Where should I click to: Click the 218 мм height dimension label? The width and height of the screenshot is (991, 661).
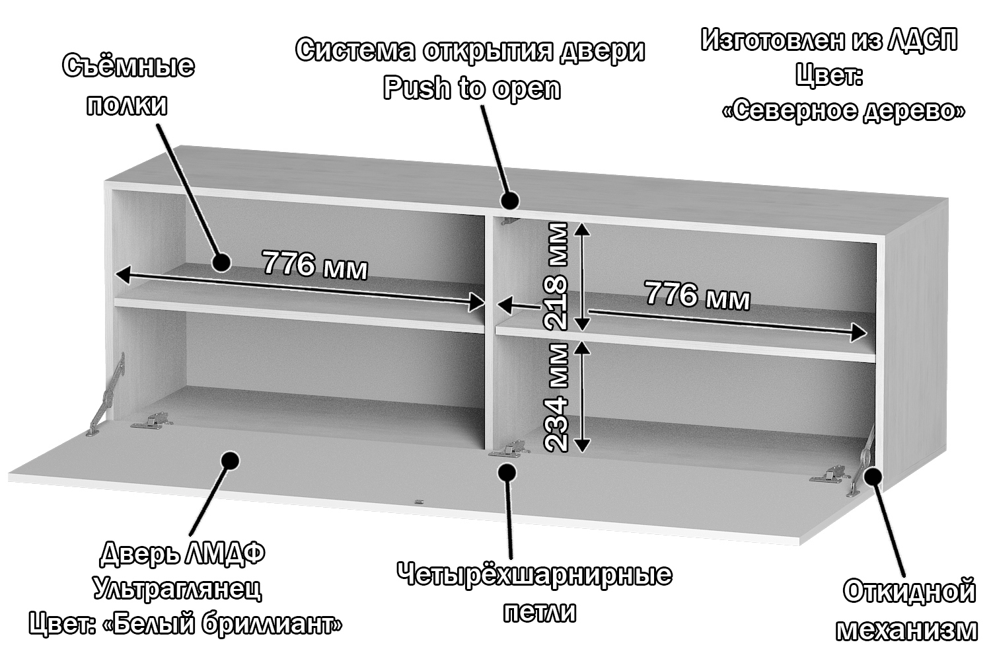point(555,276)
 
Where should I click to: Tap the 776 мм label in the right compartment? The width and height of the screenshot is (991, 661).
point(697,295)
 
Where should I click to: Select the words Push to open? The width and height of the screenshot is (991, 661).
point(472,88)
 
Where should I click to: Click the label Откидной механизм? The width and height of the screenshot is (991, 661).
point(908,610)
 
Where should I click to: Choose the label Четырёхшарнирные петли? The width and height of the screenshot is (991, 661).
point(534,592)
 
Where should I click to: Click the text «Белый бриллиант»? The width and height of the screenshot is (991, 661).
point(224,623)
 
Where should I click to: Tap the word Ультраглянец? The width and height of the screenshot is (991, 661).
point(178,588)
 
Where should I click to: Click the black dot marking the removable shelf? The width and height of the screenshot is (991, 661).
point(221,262)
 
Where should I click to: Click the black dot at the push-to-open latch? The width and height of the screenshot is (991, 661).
point(509,200)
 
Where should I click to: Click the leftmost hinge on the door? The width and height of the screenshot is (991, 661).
point(151,421)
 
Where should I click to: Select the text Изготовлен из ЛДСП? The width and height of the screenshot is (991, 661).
point(829,40)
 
